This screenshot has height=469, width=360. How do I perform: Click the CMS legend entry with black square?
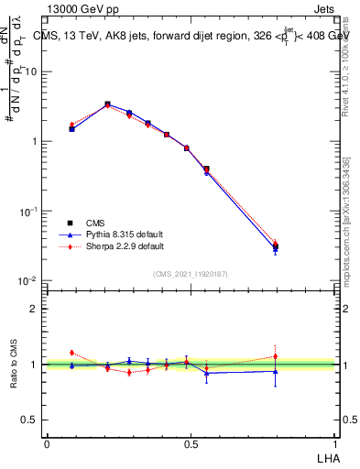pyautogui.click(x=95, y=223)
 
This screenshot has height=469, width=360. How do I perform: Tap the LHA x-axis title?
pyautogui.click(x=327, y=457)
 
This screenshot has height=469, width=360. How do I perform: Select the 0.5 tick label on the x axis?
pyautogui.click(x=191, y=443)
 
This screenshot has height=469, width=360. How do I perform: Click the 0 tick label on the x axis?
pyautogui.click(x=47, y=443)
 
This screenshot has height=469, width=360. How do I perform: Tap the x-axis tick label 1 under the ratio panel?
pyautogui.click(x=335, y=443)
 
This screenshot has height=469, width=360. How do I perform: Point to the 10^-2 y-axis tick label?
pyautogui.click(x=27, y=280)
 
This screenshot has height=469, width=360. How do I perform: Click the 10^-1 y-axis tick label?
pyautogui.click(x=27, y=211)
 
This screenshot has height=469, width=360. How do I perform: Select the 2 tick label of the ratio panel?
pyautogui.click(x=34, y=309)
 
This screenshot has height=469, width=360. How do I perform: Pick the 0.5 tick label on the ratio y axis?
pyautogui.click(x=30, y=420)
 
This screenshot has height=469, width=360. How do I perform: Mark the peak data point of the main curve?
pyautogui.click(x=107, y=104)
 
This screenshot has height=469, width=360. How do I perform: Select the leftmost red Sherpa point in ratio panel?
pyautogui.click(x=71, y=353)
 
